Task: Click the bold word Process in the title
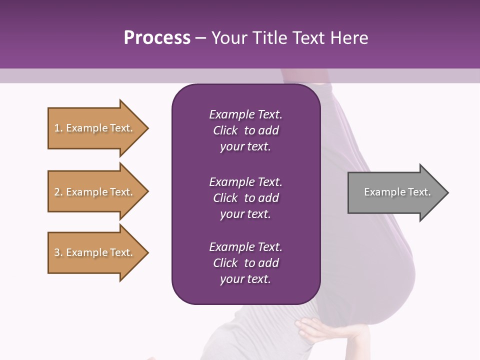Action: pyautogui.click(x=157, y=38)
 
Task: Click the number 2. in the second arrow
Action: pyautogui.click(x=58, y=192)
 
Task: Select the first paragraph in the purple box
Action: pyautogui.click(x=245, y=130)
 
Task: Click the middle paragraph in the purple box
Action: pyautogui.click(x=245, y=198)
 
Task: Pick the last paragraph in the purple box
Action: pyautogui.click(x=245, y=263)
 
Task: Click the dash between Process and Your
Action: pyautogui.click(x=200, y=38)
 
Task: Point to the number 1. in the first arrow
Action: pyautogui.click(x=58, y=128)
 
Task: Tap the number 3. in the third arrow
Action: pyautogui.click(x=58, y=252)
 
